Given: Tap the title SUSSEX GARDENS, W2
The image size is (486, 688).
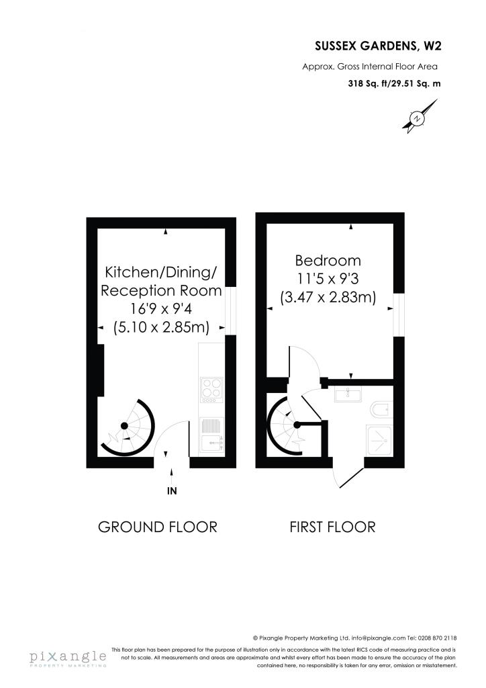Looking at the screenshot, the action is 378,46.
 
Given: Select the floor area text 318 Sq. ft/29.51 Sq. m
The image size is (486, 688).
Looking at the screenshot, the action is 395,83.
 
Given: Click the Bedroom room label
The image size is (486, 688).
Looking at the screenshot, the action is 328,261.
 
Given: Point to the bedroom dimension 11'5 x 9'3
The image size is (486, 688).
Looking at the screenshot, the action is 328,279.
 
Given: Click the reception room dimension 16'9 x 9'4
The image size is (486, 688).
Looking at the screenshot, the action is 161,309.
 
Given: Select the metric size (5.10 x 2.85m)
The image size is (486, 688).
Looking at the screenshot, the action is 161,327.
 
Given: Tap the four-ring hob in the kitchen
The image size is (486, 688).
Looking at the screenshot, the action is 211,390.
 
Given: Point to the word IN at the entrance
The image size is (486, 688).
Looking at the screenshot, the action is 172,491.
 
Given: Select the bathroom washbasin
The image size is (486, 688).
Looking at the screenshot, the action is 348,394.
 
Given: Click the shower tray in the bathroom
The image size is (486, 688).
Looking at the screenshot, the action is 379,440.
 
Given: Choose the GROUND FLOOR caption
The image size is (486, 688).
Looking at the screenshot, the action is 158,527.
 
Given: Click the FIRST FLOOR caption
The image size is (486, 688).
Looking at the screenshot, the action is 333,527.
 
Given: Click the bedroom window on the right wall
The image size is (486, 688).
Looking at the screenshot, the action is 398,314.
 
